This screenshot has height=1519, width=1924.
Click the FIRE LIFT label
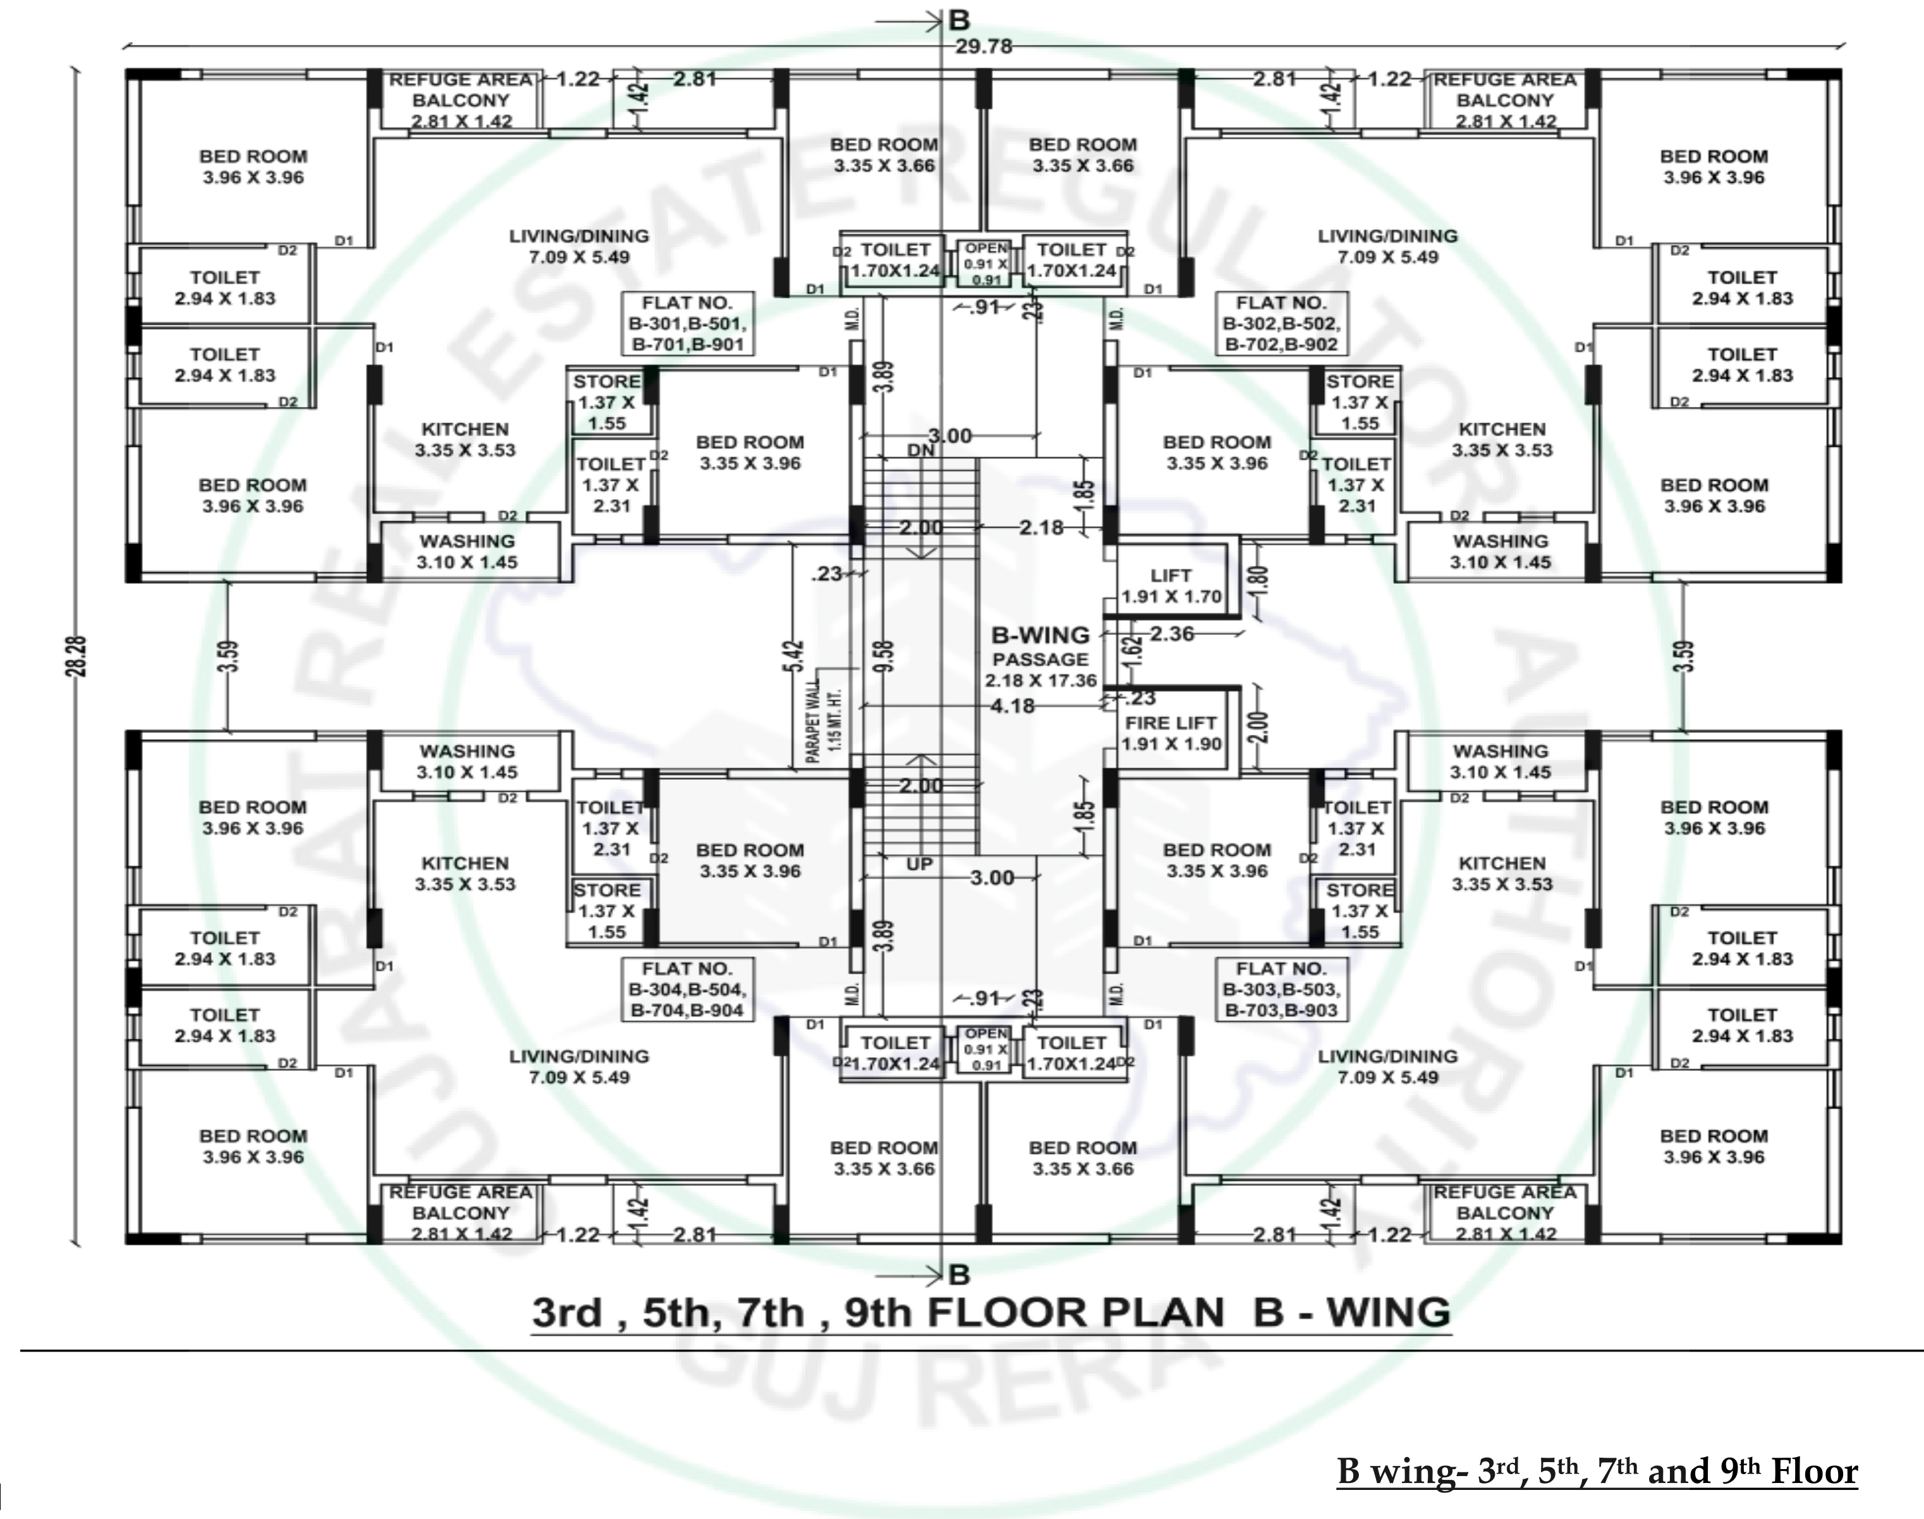point(1170,723)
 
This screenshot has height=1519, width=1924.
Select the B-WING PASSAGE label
point(1040,658)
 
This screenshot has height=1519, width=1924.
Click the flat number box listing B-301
point(686,324)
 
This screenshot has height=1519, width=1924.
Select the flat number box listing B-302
point(1281,324)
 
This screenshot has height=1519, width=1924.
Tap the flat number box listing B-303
point(1281,989)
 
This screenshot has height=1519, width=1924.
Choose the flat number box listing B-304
point(686,989)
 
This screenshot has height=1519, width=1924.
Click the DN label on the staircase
point(921,451)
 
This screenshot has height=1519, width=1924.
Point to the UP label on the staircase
point(919,864)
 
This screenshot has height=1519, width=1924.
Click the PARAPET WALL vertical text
point(823,718)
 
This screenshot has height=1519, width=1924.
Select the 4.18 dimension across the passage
point(1013,706)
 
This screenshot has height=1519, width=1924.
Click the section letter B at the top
point(959,20)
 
